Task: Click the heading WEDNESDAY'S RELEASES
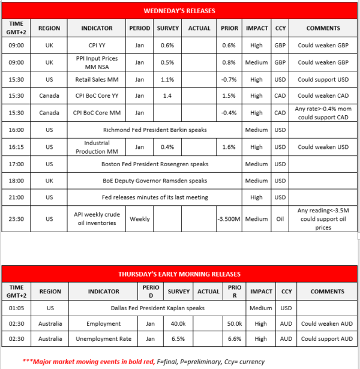pos(179,11)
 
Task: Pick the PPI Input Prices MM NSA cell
pos(96,62)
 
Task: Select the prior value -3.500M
pos(229,219)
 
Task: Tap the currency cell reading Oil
pos(280,219)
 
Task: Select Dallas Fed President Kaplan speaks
pos(154,308)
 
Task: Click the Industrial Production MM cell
pos(96,147)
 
